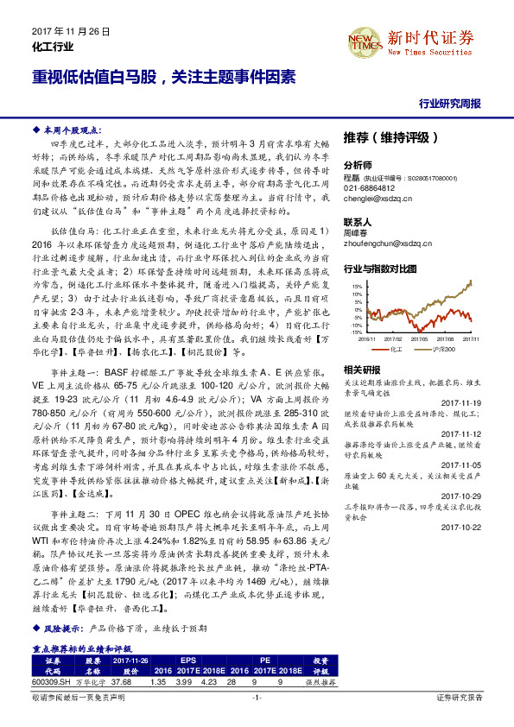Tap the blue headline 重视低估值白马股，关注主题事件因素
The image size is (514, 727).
pyautogui.click(x=163, y=75)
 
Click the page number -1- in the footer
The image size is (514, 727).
pyautogui.click(x=257, y=719)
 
